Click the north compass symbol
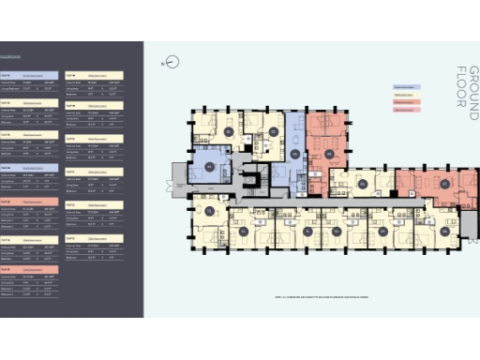point(172,63)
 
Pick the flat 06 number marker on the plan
point(362,185)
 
